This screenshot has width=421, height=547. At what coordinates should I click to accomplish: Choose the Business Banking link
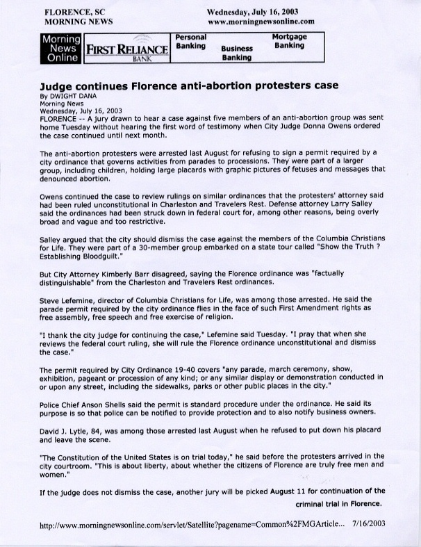click(x=237, y=54)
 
